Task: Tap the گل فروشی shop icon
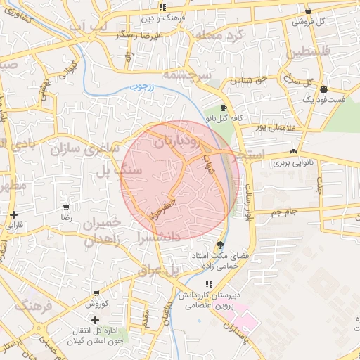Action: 309,11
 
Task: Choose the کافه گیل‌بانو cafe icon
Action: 224,108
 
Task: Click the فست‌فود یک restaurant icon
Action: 323,89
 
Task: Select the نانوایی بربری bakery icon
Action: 293,151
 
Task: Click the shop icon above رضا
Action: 66,207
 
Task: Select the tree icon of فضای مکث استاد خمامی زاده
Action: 221,245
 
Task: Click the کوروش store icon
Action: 96,292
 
